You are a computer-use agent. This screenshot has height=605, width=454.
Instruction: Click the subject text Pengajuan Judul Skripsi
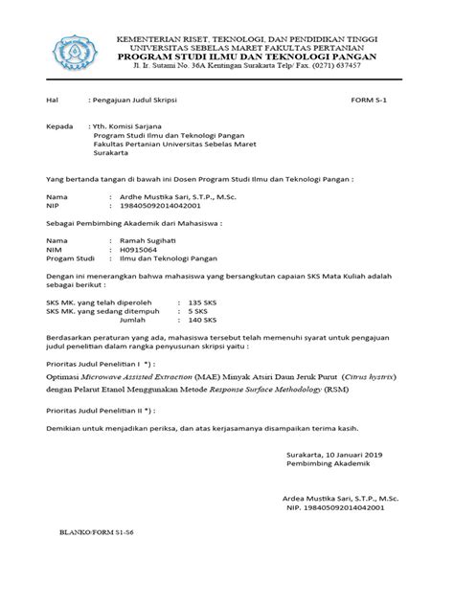pyautogui.click(x=127, y=100)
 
